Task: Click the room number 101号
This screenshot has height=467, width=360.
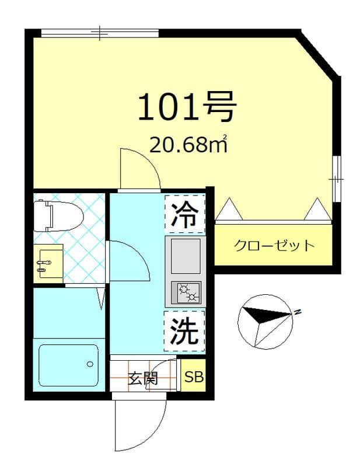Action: coord(187,106)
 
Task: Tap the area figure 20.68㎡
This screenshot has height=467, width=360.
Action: coord(187,145)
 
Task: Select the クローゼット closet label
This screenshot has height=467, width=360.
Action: coord(274,245)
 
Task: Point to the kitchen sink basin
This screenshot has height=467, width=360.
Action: coord(185,255)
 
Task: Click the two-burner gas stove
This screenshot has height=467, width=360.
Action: coord(186,292)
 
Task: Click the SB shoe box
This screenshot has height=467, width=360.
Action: coord(194,377)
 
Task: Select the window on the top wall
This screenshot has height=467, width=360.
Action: coord(100,33)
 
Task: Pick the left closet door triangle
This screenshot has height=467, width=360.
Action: coord(228,209)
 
